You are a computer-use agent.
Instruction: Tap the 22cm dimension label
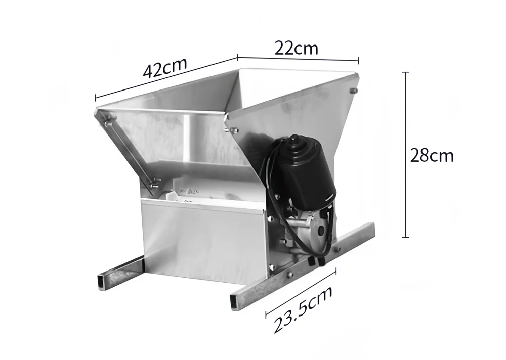[297, 48]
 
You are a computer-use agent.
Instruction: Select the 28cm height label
[432, 155]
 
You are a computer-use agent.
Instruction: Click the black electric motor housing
[304, 172]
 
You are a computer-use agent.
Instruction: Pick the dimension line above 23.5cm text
[301, 292]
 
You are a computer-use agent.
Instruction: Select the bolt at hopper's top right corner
[354, 91]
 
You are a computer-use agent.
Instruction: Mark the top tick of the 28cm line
[406, 72]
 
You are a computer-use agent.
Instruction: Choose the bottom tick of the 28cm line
[406, 237]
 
